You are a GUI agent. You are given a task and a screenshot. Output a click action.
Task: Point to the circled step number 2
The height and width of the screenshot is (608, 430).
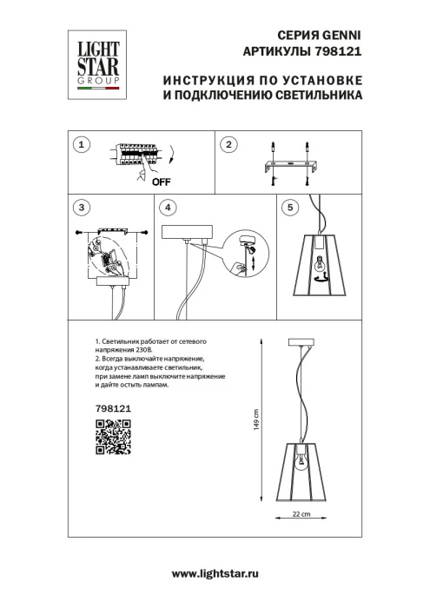228,145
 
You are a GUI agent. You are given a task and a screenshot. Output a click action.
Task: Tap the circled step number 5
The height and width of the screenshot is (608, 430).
290,208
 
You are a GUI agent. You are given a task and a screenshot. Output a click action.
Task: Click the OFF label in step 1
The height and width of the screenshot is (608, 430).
161,182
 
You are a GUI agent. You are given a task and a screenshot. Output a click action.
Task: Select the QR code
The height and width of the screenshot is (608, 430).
112,437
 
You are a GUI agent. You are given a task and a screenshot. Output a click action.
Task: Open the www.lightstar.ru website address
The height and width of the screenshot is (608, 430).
215,575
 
